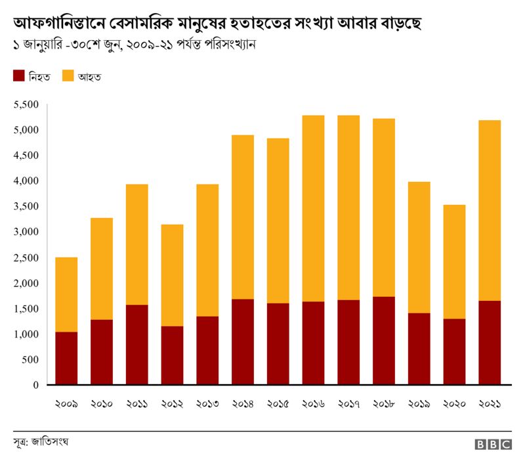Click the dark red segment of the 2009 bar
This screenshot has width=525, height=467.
tap(66, 359)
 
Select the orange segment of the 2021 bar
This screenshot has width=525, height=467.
tap(490, 210)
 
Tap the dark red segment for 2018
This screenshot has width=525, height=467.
tap(383, 341)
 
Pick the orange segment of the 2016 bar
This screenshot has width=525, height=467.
tap(313, 208)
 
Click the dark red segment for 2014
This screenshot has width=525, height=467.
tap(242, 342)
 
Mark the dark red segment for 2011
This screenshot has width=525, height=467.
tap(136, 345)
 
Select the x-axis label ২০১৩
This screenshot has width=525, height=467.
tap(207, 404)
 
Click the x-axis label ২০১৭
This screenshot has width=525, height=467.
tap(348, 404)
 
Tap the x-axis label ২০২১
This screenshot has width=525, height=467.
tap(490, 404)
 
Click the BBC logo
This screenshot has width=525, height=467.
tap(493, 445)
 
